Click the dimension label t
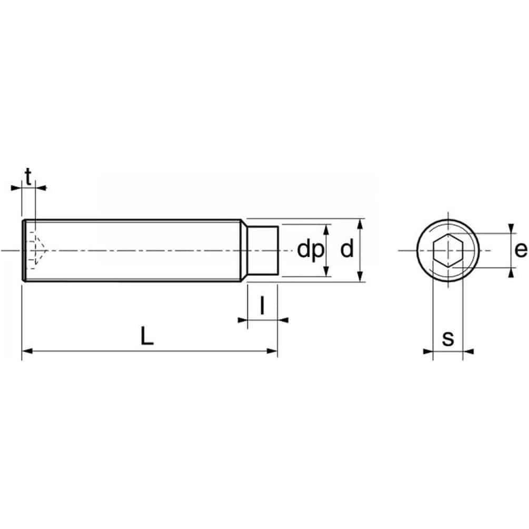[28, 177]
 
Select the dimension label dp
[311, 250]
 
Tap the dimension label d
[347, 248]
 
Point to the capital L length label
[147, 336]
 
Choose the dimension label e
[521, 250]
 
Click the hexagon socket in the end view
[448, 250]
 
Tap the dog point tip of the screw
[263, 251]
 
